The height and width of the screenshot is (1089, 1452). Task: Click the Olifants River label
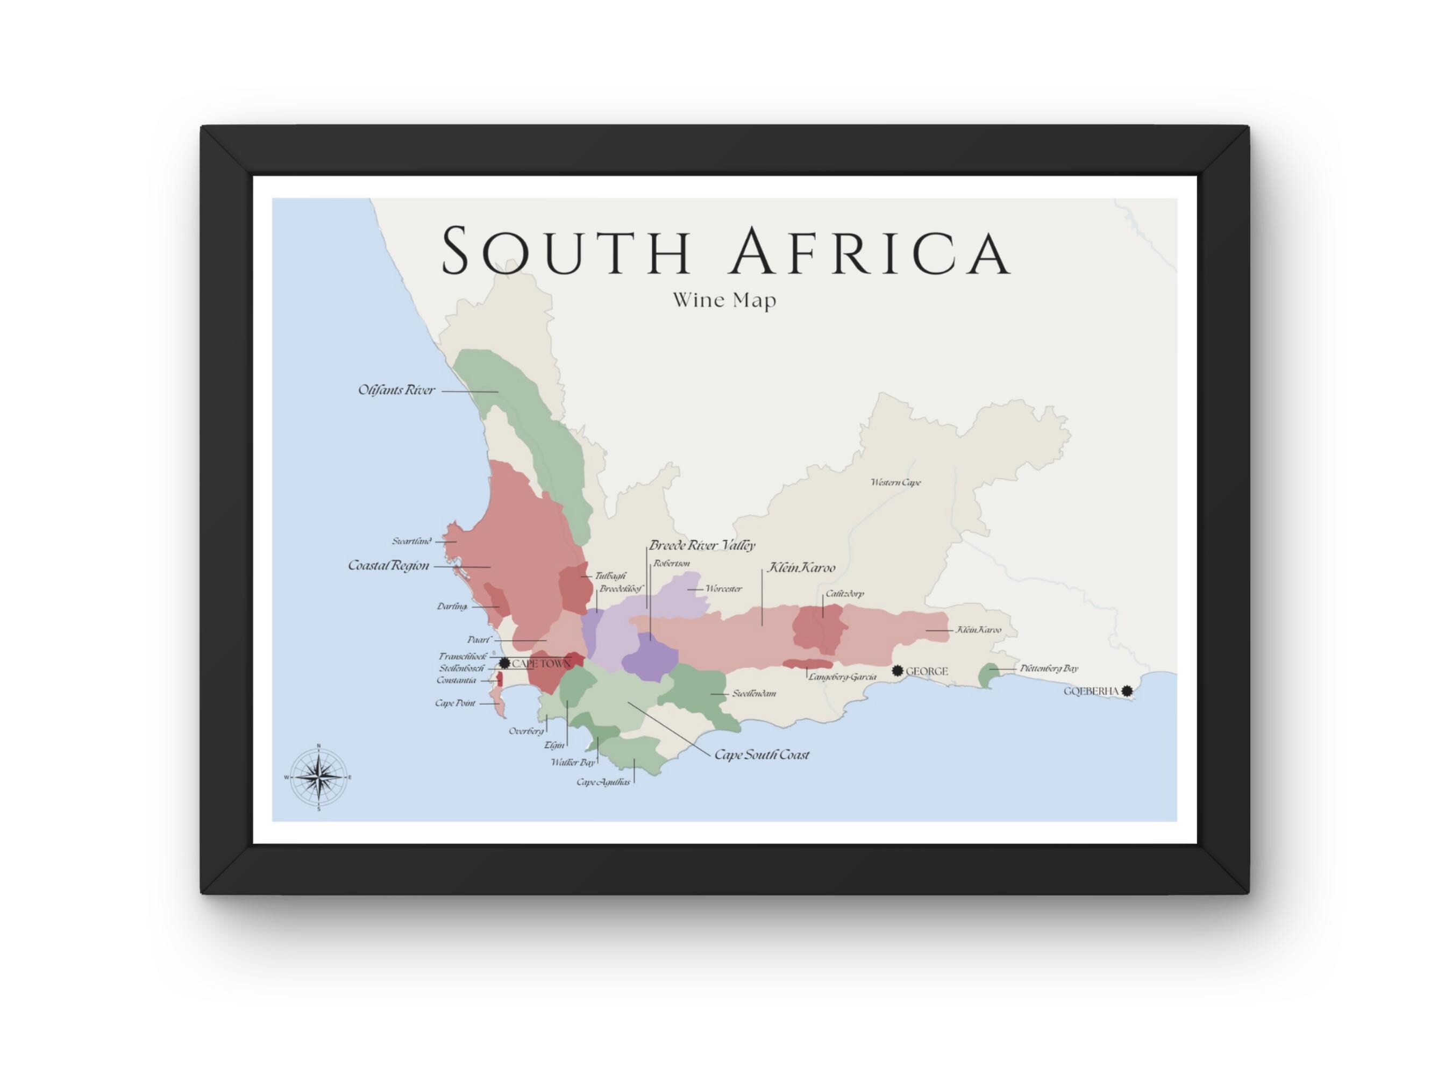click(396, 390)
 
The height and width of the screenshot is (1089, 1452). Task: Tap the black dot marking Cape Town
click(504, 663)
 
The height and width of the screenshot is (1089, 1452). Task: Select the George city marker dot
click(898, 670)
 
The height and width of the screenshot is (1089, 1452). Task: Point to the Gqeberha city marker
click(1127, 691)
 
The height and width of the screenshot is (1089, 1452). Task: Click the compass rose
click(318, 777)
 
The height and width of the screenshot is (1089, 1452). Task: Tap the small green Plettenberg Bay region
click(987, 675)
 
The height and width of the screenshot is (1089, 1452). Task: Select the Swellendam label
click(754, 693)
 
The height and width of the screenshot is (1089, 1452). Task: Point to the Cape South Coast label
click(761, 755)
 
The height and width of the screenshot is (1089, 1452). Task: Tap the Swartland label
click(411, 542)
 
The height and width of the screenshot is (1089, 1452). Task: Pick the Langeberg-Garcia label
click(842, 677)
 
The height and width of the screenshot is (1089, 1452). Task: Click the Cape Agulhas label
click(603, 782)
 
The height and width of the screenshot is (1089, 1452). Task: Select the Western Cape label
click(895, 482)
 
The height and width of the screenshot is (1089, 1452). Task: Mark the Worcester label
click(723, 589)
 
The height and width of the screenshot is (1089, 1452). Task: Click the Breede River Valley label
click(702, 545)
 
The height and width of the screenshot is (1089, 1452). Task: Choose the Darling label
click(452, 606)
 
